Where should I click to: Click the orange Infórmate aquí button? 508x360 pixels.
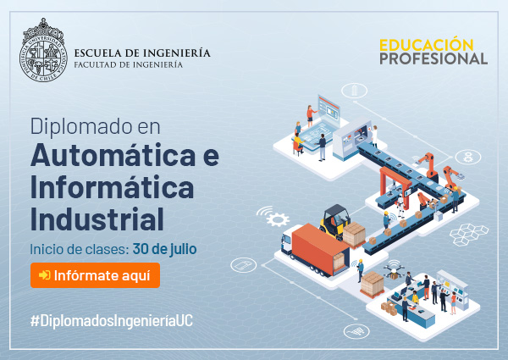coord(95,275)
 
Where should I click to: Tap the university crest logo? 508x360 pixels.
coord(43,50)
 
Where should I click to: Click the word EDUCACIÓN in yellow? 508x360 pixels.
coord(427,45)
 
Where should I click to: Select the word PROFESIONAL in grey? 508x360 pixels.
coord(433,58)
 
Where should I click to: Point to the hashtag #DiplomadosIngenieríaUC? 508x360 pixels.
coord(112,321)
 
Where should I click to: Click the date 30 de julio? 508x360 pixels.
coord(164,249)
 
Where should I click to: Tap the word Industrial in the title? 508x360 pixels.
coord(97,219)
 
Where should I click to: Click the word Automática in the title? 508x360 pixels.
coord(113,155)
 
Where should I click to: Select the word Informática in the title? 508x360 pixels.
coord(112,187)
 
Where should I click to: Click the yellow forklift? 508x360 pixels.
coord(335,221)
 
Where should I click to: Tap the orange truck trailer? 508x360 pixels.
coord(319,248)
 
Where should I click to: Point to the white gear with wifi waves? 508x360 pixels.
coord(274,217)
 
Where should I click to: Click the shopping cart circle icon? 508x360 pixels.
coord(356,331)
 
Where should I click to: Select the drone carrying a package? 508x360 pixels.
coord(394,270)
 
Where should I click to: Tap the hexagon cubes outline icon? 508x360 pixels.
coord(469,234)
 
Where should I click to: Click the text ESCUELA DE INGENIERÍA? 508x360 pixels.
coord(142,53)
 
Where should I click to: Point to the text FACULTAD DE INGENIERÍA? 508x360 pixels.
coord(129,65)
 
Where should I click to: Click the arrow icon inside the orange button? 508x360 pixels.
coord(44,275)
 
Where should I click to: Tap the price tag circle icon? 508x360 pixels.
coord(243,265)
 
